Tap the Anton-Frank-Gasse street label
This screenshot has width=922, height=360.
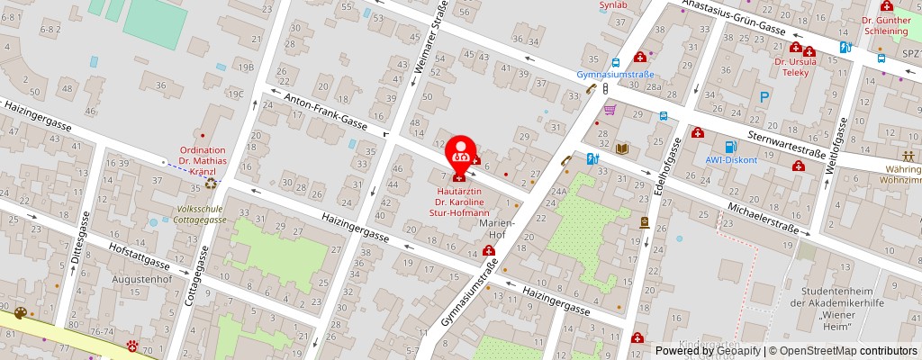coord(326,112)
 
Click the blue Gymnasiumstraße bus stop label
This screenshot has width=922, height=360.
coord(615,75)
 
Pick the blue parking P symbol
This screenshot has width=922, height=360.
coord(764,96)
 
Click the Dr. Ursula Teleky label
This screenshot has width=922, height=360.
coord(796,67)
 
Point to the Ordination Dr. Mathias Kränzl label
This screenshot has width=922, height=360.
coord(203,160)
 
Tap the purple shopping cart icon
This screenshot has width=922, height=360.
coord(610,110)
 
